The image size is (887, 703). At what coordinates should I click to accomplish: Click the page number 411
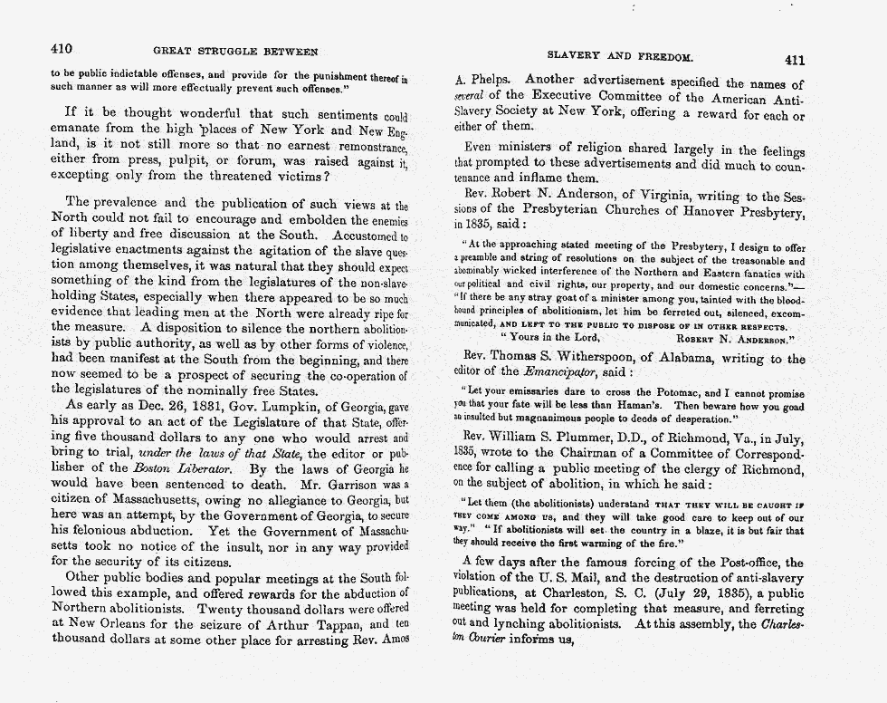click(x=794, y=60)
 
